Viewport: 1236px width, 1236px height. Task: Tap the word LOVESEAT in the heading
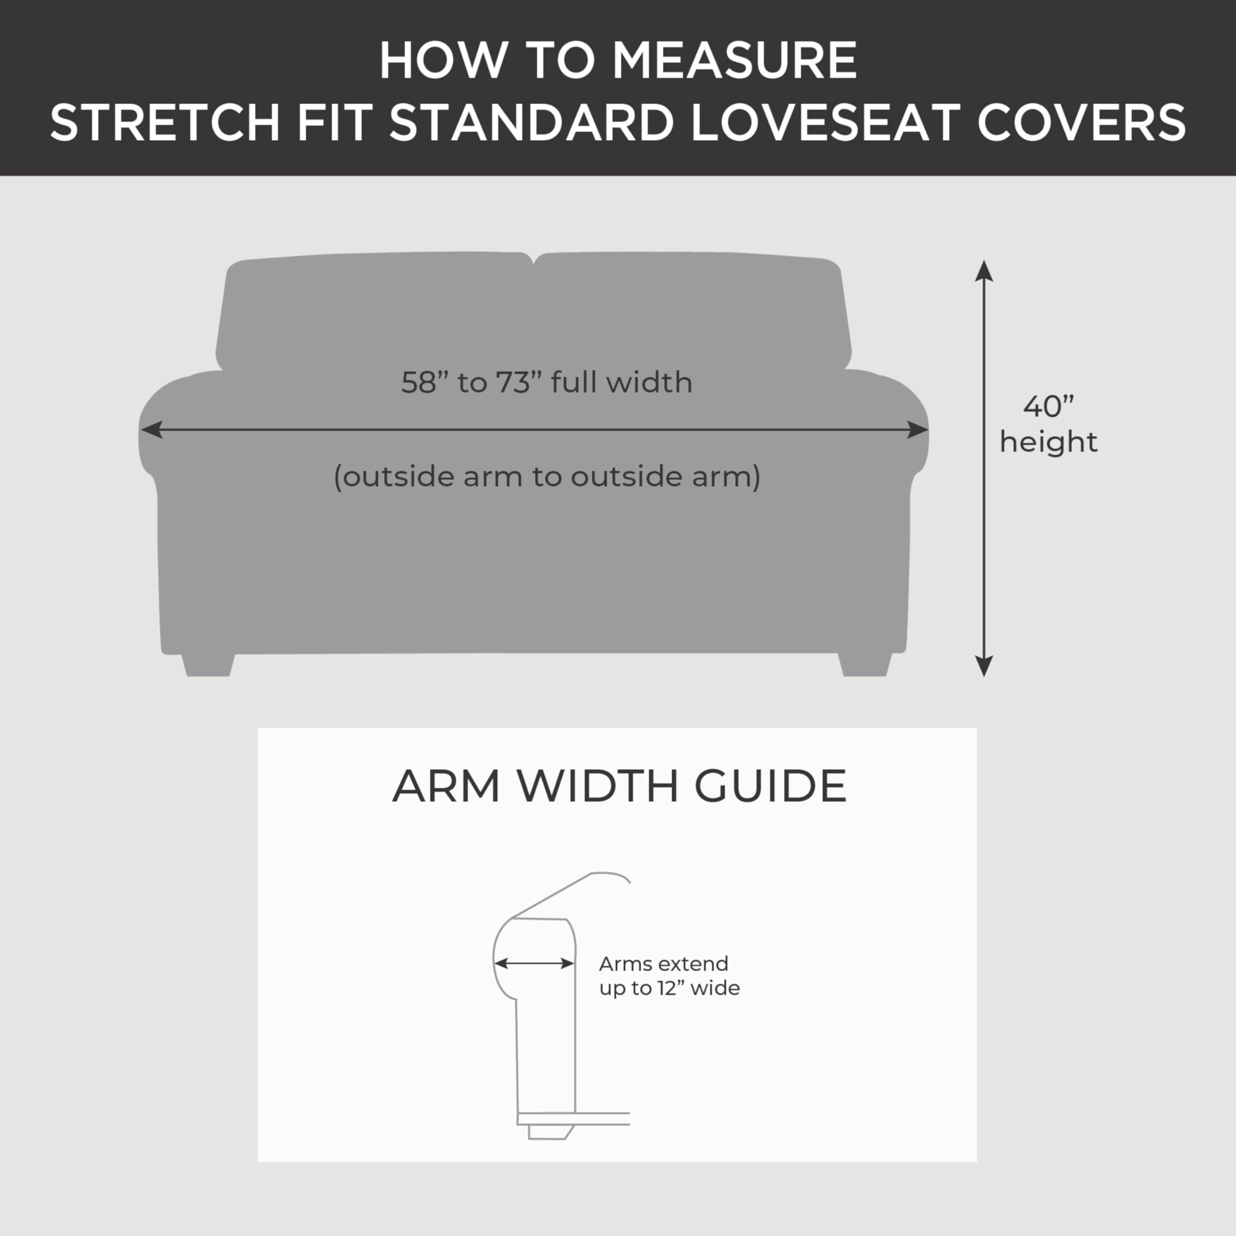pyautogui.click(x=825, y=122)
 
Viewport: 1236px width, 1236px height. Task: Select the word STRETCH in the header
pyautogui.click(x=165, y=122)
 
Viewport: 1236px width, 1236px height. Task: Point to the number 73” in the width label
pyautogui.click(x=515, y=382)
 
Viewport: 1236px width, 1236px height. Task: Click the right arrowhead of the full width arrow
pyautogui.click(x=918, y=430)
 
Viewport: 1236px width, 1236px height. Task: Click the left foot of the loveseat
pyautogui.click(x=208, y=665)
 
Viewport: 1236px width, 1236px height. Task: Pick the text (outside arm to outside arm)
pyautogui.click(x=547, y=477)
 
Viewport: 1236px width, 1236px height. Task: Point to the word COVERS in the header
pyautogui.click(x=1081, y=122)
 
